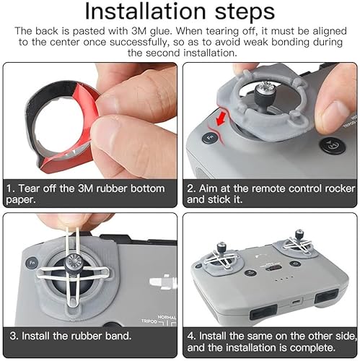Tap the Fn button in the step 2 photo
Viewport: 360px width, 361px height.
pos(210,136)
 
